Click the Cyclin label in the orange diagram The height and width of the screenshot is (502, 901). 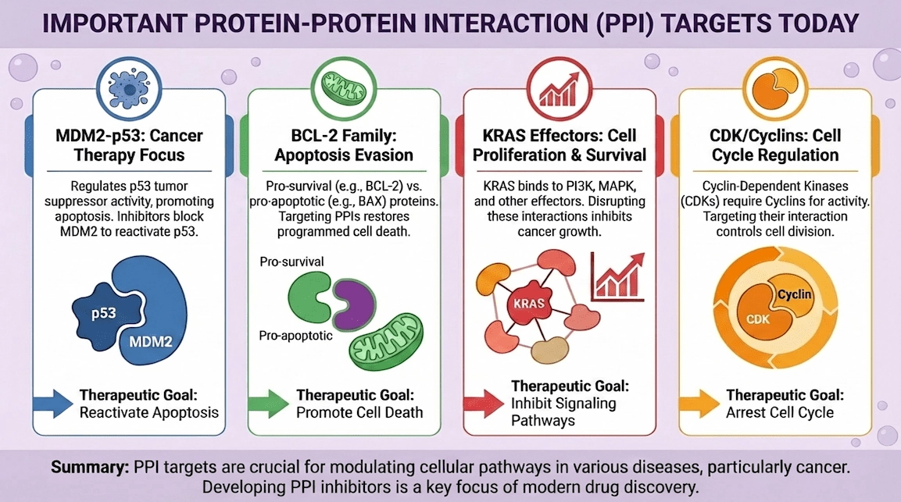794,294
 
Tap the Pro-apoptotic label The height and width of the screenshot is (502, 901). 296,336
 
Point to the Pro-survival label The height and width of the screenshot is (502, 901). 291,261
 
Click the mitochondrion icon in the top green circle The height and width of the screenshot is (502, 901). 345,85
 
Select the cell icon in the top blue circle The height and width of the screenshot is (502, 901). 127,85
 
